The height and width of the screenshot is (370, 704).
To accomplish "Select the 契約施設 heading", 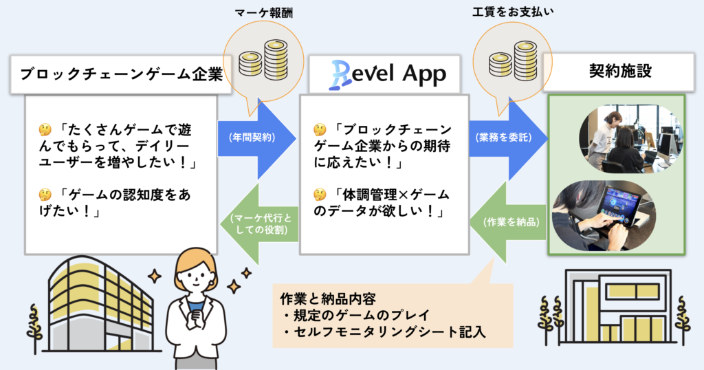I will point(620,71).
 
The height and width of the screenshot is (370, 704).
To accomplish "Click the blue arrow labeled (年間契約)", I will point(258,138).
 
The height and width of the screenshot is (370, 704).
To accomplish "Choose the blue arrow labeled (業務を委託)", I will point(508,138).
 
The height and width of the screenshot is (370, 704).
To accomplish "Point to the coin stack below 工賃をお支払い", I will point(513,60).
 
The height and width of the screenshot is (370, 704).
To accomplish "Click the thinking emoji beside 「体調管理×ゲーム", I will point(320,195).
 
